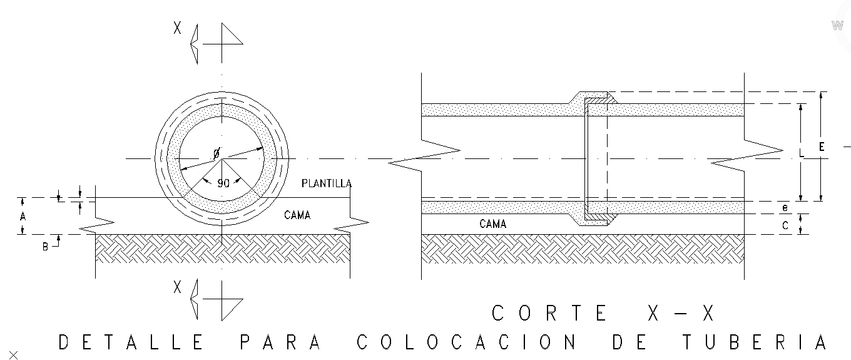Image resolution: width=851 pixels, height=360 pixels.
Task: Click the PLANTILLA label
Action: tap(326, 183)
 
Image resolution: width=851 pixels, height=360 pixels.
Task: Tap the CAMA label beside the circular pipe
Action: tap(297, 215)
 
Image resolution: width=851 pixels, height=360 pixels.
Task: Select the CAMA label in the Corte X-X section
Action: tap(492, 224)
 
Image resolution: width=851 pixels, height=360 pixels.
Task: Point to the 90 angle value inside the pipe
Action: tap(223, 183)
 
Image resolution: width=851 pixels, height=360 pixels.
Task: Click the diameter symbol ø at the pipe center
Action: tap(217, 153)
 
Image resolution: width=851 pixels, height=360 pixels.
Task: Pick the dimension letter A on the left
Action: tap(23, 216)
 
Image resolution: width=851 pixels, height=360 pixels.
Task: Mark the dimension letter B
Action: tap(45, 247)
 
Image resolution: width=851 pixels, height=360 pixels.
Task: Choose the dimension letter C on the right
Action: tap(785, 226)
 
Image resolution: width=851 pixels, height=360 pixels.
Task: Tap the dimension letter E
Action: tap(822, 147)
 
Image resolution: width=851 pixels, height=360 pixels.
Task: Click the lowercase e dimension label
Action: tap(785, 206)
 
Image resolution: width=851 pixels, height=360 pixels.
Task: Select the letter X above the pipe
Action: tap(178, 29)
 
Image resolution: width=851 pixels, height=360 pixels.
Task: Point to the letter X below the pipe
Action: tap(178, 287)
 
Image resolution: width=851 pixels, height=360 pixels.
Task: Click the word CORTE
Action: tap(549, 313)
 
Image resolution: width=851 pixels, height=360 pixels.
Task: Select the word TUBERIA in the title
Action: tap(755, 342)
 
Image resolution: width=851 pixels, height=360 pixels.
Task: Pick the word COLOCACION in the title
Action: tap(466, 342)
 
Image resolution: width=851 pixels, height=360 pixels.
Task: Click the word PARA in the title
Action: tap(280, 342)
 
